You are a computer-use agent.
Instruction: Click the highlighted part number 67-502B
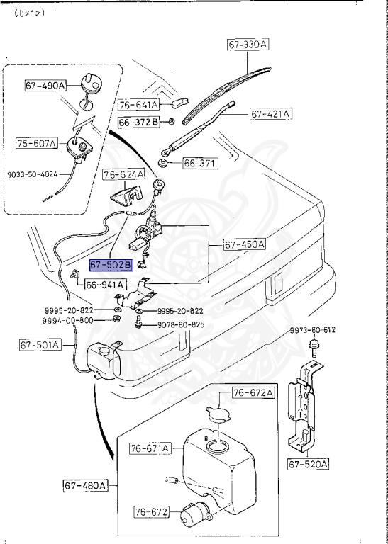click(x=111, y=264)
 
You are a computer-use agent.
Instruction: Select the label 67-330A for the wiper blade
click(x=248, y=45)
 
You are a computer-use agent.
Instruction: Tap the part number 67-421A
click(x=270, y=113)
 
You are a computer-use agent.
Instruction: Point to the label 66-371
click(x=201, y=163)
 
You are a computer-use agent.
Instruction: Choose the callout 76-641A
click(x=138, y=105)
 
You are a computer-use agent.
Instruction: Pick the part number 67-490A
click(x=45, y=85)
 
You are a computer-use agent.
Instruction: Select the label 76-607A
click(x=36, y=143)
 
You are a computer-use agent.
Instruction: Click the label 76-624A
click(x=123, y=174)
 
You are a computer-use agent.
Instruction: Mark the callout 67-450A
click(x=245, y=244)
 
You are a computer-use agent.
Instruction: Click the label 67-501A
click(x=40, y=345)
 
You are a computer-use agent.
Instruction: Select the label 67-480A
click(x=84, y=485)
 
